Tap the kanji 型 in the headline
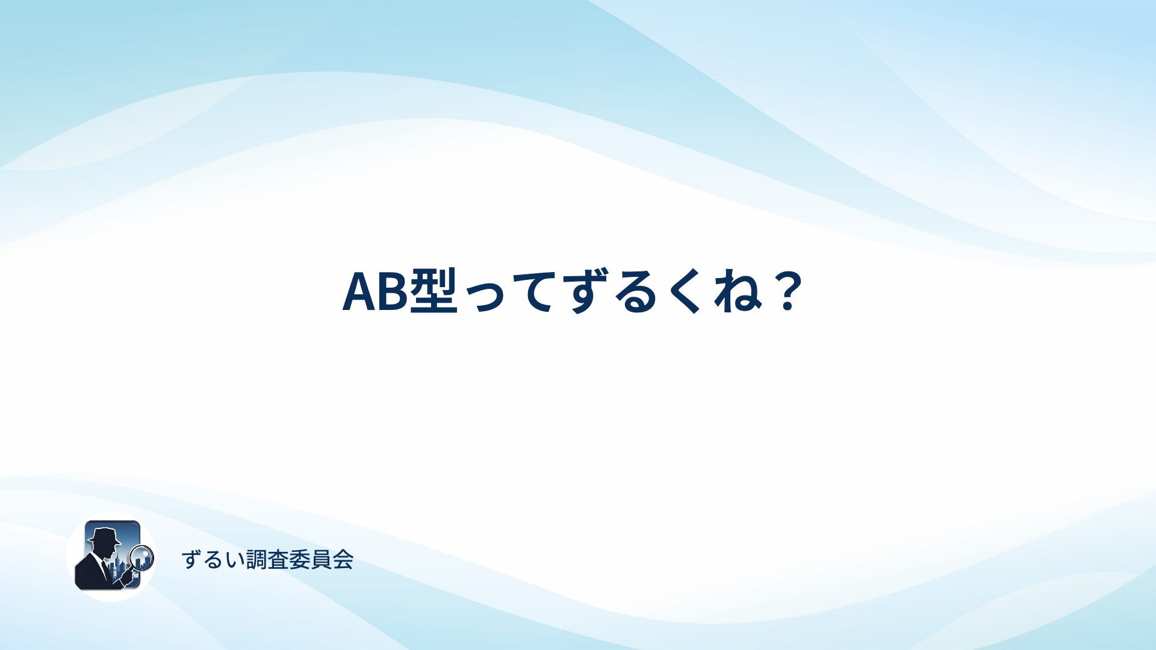click(433, 291)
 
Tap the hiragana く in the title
click(686, 291)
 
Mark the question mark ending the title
click(786, 291)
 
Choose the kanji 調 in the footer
click(256, 560)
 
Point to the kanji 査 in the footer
click(278, 560)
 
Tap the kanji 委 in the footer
click(299, 560)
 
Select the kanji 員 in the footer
click(321, 560)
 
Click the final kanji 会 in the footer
click(343, 560)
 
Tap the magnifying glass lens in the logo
click(142, 557)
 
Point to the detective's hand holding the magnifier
click(127, 577)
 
